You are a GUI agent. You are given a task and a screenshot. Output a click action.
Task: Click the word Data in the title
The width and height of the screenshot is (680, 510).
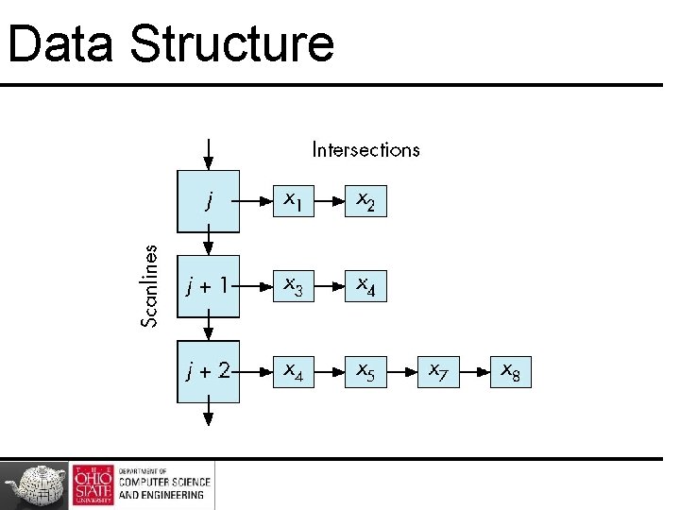click(x=60, y=43)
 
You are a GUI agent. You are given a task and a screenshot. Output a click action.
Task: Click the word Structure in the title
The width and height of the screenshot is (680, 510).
click(x=232, y=43)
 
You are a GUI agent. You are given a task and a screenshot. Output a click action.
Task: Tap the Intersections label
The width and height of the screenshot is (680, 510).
click(x=365, y=149)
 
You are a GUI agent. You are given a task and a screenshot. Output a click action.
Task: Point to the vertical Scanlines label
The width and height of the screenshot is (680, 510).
click(x=149, y=284)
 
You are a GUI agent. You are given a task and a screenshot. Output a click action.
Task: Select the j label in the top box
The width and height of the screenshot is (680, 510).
click(x=209, y=200)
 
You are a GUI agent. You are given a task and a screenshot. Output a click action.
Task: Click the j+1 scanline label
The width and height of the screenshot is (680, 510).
click(x=208, y=283)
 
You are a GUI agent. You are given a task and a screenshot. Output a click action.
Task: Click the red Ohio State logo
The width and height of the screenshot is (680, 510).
click(x=92, y=484)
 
